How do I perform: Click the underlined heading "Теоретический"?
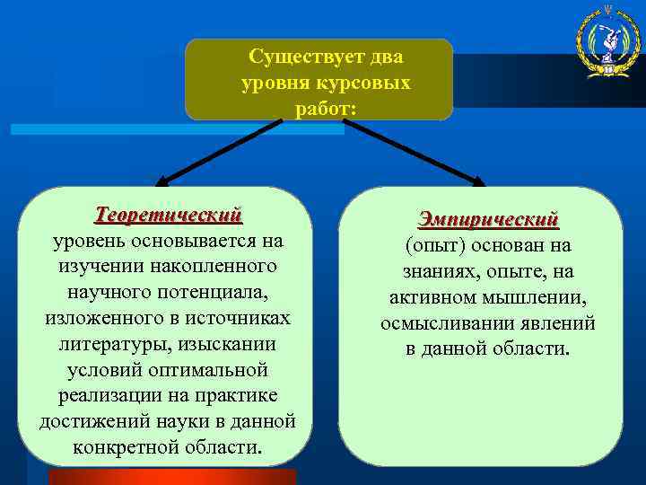click(x=169, y=216)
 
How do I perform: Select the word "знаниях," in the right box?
click(x=444, y=271)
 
